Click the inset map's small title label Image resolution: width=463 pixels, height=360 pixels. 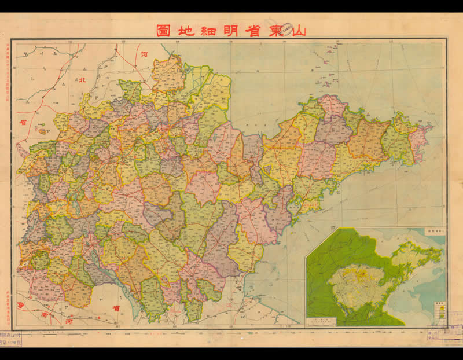pyautogui.click(x=434, y=230)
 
